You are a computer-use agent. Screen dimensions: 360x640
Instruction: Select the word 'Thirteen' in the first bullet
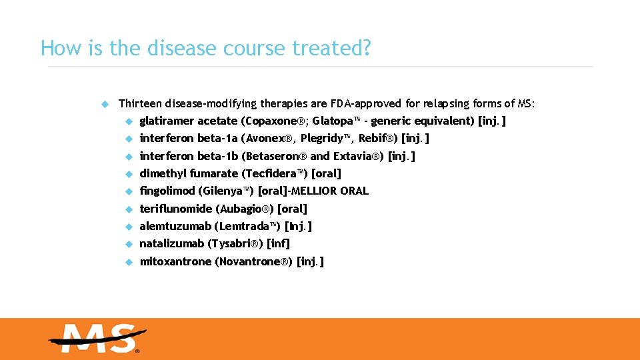pyautogui.click(x=140, y=103)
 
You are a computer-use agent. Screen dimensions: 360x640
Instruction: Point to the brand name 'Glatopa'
pyautogui.click(x=333, y=121)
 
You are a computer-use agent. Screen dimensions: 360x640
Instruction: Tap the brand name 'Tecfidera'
pyautogui.click(x=271, y=173)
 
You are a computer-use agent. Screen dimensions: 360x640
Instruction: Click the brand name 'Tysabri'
pyautogui.click(x=237, y=243)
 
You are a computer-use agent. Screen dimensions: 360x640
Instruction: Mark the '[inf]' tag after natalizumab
pyautogui.click(x=278, y=243)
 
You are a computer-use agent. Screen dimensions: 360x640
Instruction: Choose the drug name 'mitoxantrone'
pyautogui.click(x=175, y=261)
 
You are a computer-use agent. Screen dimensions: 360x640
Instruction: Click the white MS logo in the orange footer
pyautogui.click(x=97, y=338)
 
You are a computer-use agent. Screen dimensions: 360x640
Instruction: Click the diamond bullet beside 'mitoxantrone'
pyautogui.click(x=129, y=262)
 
